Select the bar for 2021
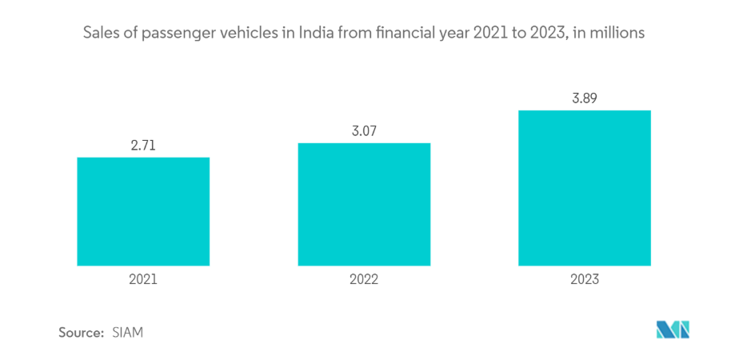pos(143,211)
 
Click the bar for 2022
pos(364,204)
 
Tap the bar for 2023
pos(585,187)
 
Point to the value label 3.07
pos(364,130)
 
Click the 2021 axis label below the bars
pos(143,280)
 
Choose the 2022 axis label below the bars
pos(364,280)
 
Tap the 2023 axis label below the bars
pos(585,280)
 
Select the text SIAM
pos(128,332)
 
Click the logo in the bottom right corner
pos(673,330)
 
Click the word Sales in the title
pos(102,34)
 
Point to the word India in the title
pos(317,34)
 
